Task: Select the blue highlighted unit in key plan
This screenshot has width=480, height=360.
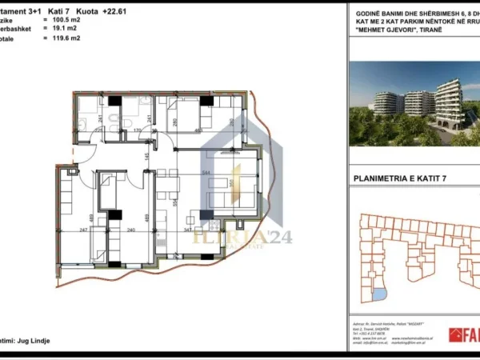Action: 377,297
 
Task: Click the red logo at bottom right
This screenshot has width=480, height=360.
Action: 465,335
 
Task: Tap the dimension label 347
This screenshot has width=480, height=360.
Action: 188,230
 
